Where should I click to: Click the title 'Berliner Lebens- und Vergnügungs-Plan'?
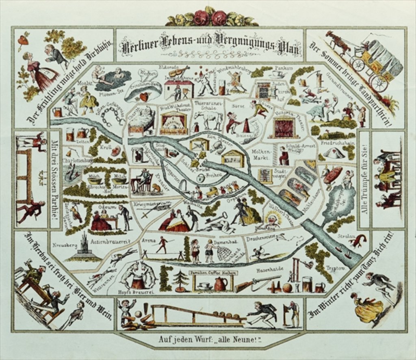click(210, 46)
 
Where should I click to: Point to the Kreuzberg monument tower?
click(84, 245)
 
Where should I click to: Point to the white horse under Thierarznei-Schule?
click(208, 119)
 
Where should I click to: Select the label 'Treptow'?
click(337, 268)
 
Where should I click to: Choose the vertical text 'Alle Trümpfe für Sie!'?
click(364, 179)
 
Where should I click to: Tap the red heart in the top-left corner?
click(23, 40)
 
